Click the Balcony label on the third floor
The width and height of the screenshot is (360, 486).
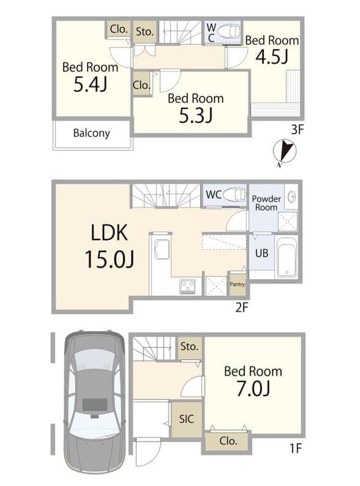point(92,133)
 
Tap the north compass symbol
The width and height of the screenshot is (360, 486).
point(284,152)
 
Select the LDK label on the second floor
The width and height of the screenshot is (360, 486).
point(109,233)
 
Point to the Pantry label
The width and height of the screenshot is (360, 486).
point(237,284)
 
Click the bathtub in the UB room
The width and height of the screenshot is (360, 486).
point(286,257)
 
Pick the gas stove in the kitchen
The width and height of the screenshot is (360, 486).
point(187,286)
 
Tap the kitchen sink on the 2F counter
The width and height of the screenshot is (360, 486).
point(161,248)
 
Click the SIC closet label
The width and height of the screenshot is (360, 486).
point(187,419)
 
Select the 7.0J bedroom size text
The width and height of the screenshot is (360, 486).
point(253,388)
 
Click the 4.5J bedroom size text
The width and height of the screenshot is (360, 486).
point(272,56)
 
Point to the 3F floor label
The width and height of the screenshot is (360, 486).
point(297,129)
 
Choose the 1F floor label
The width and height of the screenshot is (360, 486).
point(296,448)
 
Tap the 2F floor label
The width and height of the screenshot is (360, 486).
point(242,307)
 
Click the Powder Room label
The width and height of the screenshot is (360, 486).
point(266,203)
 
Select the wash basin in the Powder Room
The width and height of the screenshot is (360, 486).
point(291,197)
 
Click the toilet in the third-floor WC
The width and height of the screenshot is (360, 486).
point(229,32)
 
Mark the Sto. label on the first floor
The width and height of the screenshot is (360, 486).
point(189,346)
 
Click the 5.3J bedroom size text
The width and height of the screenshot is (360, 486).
point(196,115)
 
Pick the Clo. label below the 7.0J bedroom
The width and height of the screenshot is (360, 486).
point(228,441)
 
